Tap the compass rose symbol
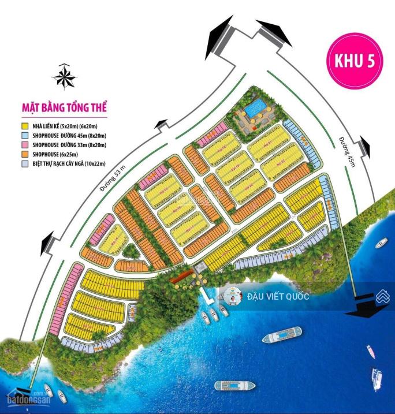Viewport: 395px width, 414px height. click(64, 76)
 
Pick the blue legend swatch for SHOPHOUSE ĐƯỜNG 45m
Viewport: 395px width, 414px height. click(25, 135)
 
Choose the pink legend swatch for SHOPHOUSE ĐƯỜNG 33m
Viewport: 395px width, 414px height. click(25, 144)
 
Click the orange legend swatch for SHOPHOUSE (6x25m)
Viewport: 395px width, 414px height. click(25, 154)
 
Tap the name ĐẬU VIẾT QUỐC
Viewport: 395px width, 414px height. click(278, 297)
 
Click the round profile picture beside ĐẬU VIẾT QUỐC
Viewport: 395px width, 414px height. click(231, 297)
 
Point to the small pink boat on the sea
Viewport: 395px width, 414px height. click(370, 350)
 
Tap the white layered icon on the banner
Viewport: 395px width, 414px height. click(382, 297)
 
